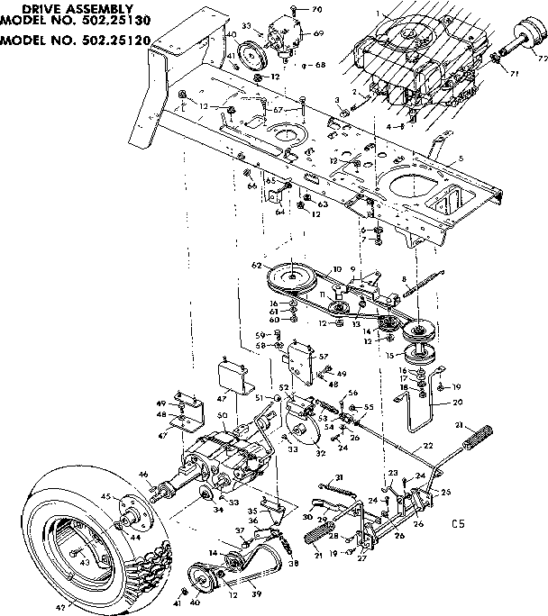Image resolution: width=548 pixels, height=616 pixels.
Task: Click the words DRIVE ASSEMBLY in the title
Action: point(68,8)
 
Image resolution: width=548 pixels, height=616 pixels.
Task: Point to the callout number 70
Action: point(316,9)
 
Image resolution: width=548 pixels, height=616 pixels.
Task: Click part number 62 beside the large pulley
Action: point(257,266)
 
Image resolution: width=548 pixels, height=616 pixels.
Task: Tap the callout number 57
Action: point(322,357)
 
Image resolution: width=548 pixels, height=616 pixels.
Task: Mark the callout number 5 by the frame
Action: point(461,159)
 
